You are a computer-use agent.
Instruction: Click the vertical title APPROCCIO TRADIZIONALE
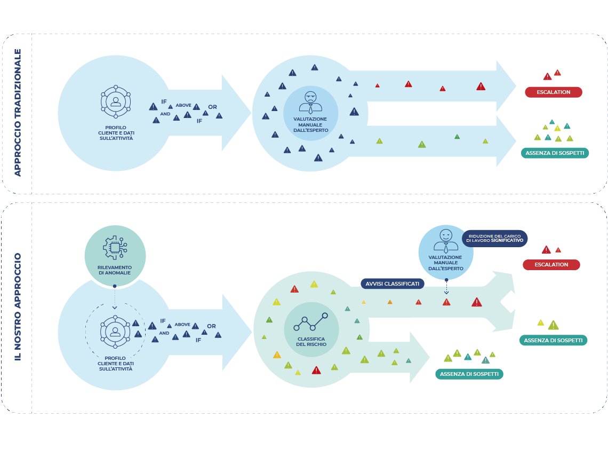tap(18, 113)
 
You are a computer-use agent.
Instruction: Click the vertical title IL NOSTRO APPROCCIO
tap(18, 306)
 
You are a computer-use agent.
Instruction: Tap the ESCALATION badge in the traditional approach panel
tap(553, 92)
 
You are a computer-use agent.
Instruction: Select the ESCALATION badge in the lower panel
tap(551, 265)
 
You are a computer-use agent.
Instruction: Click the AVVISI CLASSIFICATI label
tap(393, 283)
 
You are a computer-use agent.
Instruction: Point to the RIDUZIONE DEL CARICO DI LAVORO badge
tap(495, 239)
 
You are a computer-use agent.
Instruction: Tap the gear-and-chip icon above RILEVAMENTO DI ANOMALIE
tap(115, 247)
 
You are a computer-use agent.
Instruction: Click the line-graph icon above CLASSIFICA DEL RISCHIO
tap(310, 322)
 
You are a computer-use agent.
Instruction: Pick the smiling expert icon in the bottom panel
tap(446, 241)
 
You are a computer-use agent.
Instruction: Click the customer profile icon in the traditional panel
tap(116, 101)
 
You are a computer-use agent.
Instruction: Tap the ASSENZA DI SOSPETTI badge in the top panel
tap(555, 153)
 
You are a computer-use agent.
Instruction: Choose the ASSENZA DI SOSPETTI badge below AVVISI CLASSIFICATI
tap(469, 374)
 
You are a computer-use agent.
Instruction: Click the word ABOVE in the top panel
tap(183, 105)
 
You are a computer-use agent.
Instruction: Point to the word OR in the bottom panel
tap(211, 326)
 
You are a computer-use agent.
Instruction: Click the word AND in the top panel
tap(165, 114)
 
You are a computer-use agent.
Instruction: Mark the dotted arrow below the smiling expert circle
tap(446, 287)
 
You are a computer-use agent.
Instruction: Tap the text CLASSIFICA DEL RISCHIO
tap(311, 342)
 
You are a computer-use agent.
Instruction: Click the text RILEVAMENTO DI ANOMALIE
tap(114, 270)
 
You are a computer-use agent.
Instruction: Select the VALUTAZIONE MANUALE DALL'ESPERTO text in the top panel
tap(310, 124)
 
